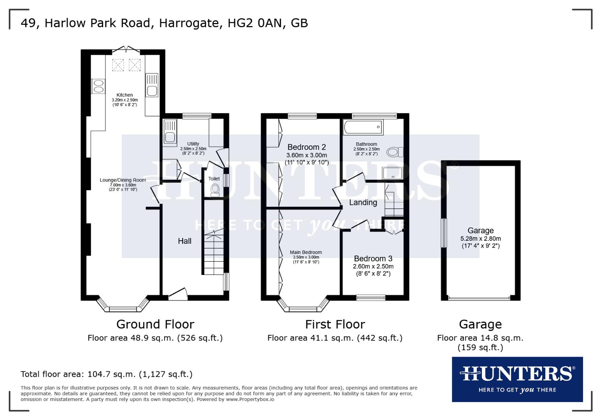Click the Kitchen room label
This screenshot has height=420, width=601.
125,95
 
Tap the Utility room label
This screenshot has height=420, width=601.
193,144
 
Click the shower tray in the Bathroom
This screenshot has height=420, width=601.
392,173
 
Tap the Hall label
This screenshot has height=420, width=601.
185,241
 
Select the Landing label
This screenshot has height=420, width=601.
363,202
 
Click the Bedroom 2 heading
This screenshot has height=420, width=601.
306,147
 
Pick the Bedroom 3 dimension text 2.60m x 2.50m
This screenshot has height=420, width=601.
373,266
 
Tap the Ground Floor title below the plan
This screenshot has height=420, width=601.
155,324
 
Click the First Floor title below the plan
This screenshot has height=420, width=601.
335,324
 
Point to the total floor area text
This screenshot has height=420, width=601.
106,374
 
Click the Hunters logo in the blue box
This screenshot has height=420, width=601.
517,374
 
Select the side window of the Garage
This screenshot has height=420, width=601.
443,233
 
